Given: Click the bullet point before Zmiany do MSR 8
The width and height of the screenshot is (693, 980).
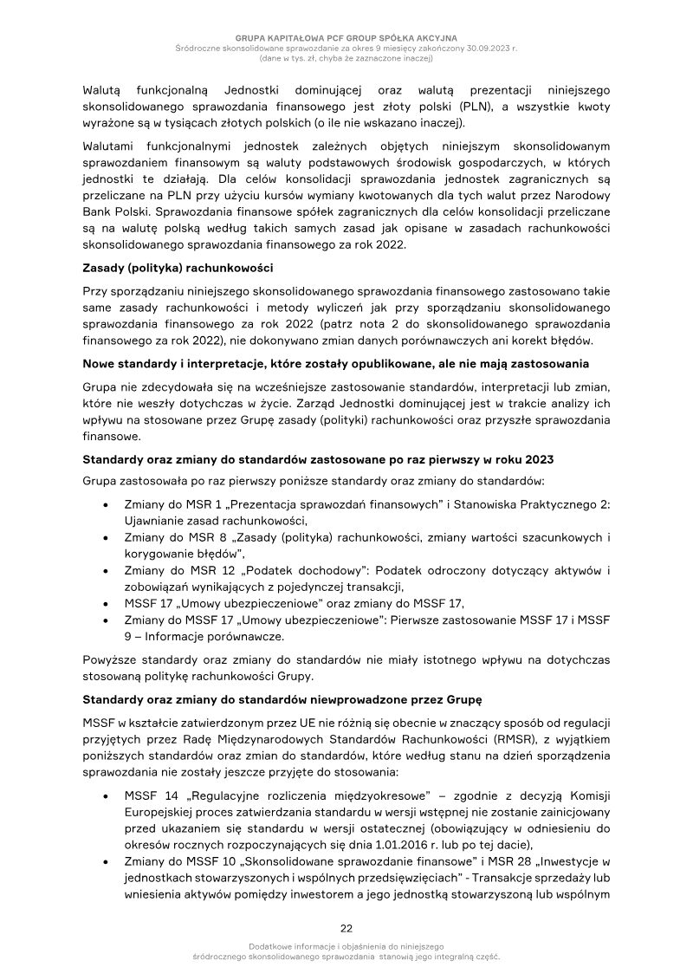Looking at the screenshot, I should point(105,538).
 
